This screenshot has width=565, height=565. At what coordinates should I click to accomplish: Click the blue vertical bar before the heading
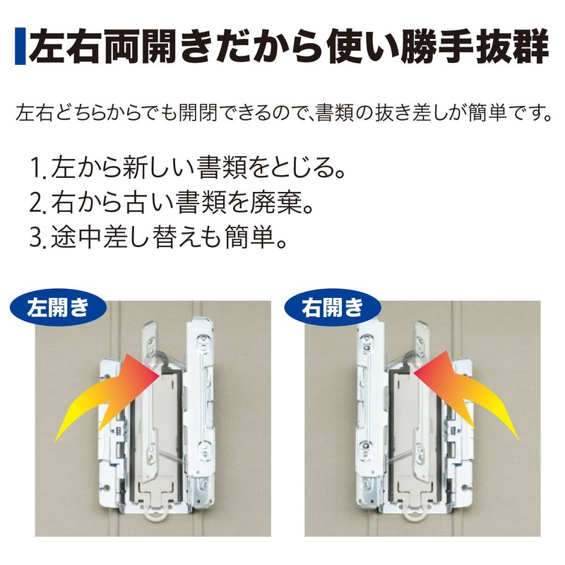[x=20, y=47]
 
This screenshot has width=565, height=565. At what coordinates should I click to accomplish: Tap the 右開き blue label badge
[x=331, y=308]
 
